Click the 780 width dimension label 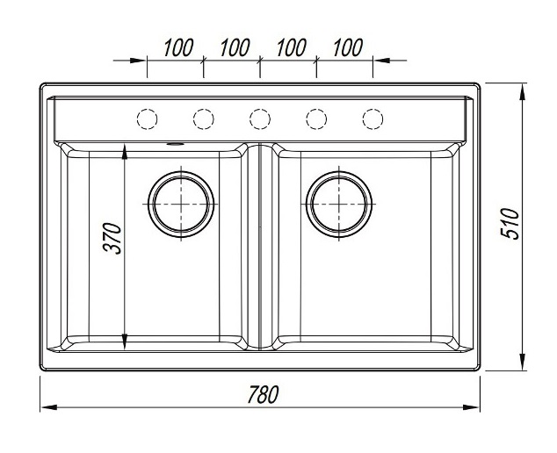pyautogui.click(x=263, y=394)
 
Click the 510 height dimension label pyautogui.click(x=510, y=224)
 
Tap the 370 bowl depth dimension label pyautogui.click(x=112, y=238)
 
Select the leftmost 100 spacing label pyautogui.click(x=178, y=47)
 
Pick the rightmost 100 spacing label pyautogui.click(x=348, y=47)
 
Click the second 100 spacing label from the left pyautogui.click(x=235, y=47)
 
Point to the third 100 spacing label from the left pyautogui.click(x=292, y=47)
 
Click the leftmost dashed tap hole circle pyautogui.click(x=147, y=119)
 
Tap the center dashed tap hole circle pyautogui.click(x=260, y=119)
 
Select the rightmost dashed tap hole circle pyautogui.click(x=373, y=119)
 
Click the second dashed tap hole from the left pyautogui.click(x=204, y=119)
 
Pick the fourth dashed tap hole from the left pyautogui.click(x=316, y=119)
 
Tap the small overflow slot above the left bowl pyautogui.click(x=175, y=145)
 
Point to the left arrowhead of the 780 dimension pyautogui.click(x=48, y=407)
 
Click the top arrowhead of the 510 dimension pyautogui.click(x=522, y=92)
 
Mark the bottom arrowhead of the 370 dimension pyautogui.click(x=125, y=342)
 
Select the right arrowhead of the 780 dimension pyautogui.click(x=472, y=407)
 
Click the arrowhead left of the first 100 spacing pyautogui.click(x=138, y=61)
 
